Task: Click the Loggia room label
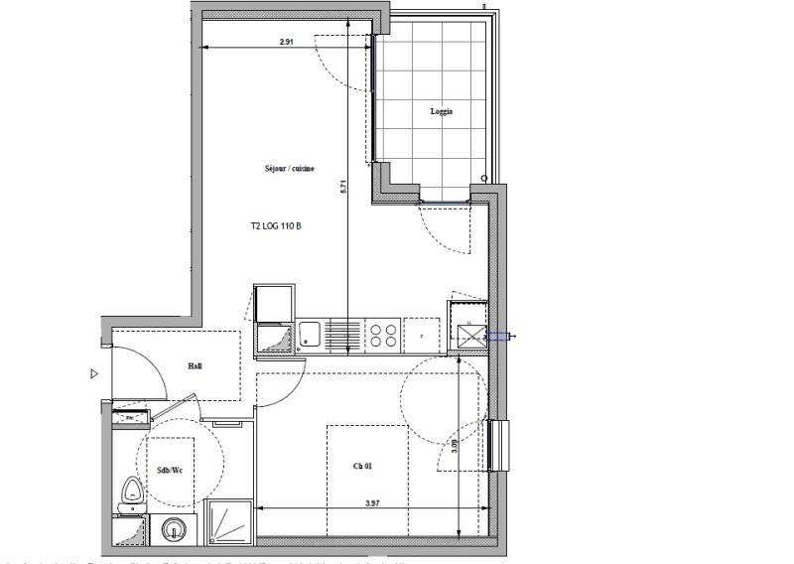pos(442,111)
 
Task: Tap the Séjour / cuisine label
pos(290,169)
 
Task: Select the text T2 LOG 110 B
pos(276,226)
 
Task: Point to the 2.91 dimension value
pos(287,42)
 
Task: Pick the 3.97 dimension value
pos(372,503)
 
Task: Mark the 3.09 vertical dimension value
pos(454,446)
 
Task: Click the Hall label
pos(196,366)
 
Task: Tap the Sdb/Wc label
pos(171,470)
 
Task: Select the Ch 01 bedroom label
pos(362,465)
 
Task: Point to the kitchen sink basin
pos(309,334)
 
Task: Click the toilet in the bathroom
pos(132,493)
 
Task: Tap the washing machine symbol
pos(175,529)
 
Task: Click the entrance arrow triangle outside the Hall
pos(94,373)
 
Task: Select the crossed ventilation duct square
pos(467,335)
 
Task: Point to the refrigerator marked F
pos(423,335)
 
